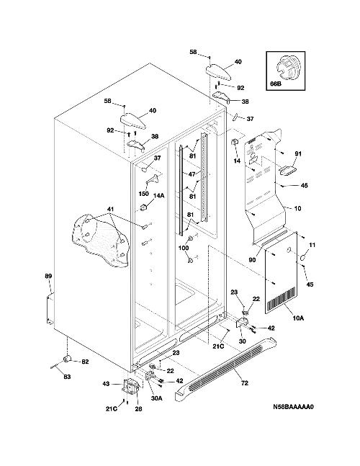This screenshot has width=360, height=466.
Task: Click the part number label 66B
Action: (275, 84)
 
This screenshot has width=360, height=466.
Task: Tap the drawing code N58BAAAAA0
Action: (293, 407)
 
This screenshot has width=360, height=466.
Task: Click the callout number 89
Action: (48, 276)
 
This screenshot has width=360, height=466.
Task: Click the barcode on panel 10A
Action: (282, 300)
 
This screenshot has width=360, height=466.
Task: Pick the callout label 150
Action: (144, 194)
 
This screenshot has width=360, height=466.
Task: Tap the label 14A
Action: (158, 195)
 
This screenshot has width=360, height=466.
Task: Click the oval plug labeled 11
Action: (302, 258)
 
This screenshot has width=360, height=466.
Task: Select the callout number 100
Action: (184, 248)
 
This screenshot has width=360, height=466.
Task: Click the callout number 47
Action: (192, 174)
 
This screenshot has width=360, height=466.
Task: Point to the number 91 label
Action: (298, 153)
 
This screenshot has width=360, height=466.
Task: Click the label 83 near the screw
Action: (67, 377)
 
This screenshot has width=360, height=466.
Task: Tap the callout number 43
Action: (106, 384)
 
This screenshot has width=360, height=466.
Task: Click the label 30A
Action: (156, 398)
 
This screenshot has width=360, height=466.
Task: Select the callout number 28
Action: (138, 409)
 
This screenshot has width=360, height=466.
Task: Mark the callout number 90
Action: (252, 260)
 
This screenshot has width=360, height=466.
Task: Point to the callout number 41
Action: (110, 209)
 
